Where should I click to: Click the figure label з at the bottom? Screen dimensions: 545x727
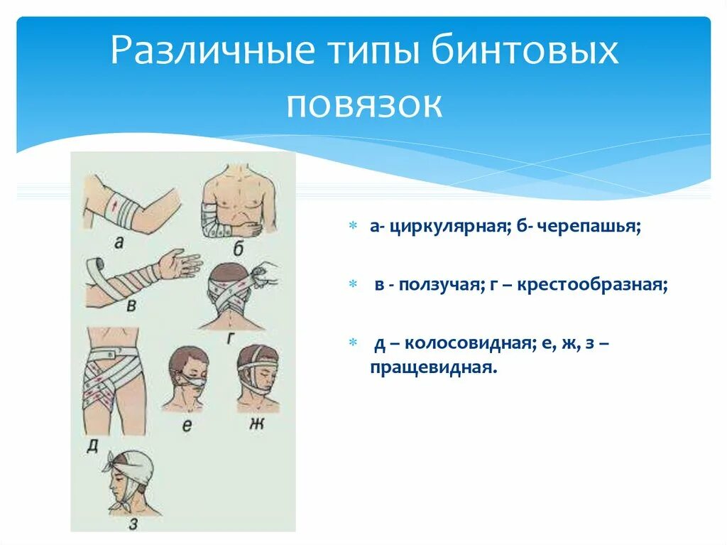(133, 524)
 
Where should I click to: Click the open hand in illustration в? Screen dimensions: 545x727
(179, 264)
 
